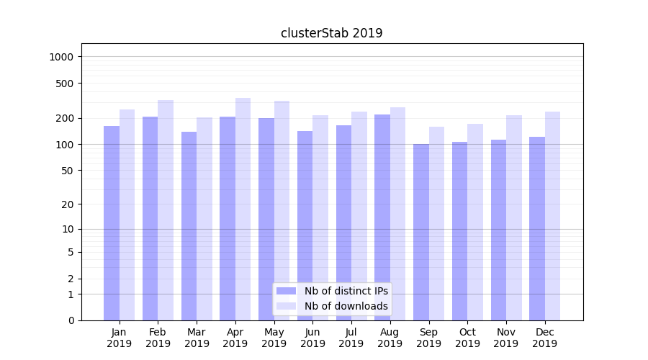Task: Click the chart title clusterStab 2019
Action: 331,33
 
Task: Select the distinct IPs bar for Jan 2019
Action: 112,223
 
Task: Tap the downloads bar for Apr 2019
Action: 243,209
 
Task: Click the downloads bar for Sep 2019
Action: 436,223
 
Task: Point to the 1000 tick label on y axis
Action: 63,57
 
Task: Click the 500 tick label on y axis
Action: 66,84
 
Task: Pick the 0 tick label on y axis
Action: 71,320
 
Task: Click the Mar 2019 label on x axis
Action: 197,338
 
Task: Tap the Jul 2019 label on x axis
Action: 351,338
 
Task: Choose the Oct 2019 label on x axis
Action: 467,338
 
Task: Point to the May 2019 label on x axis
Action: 274,338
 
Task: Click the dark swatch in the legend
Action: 287,291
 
